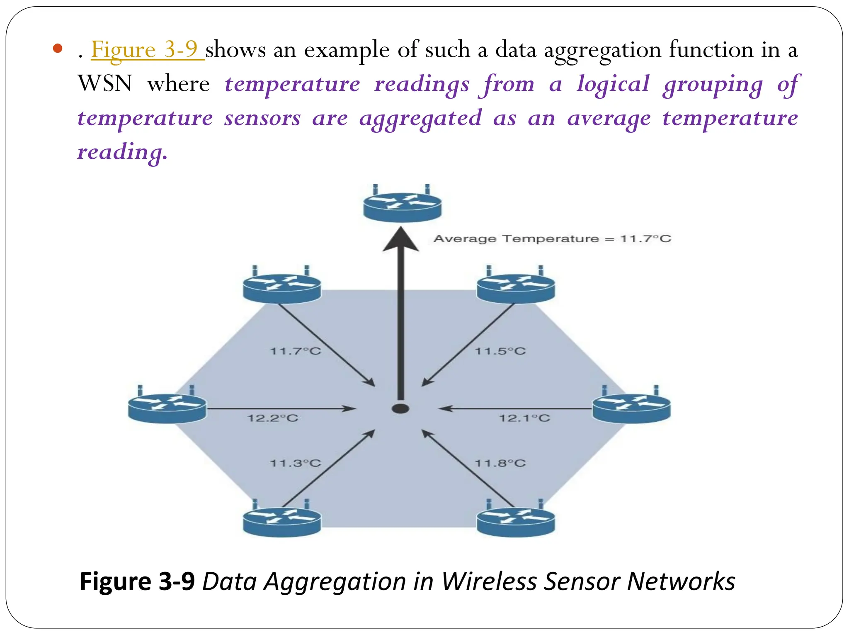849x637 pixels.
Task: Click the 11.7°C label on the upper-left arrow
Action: click(x=295, y=351)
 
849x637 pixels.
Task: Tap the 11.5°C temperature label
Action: click(x=500, y=351)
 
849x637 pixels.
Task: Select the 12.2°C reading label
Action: click(x=273, y=418)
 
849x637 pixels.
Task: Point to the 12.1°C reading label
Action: click(x=524, y=418)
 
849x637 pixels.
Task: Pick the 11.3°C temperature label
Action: click(x=295, y=463)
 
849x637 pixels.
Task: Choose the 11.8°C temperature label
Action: click(x=500, y=463)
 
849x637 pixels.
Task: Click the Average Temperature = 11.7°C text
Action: click(x=552, y=239)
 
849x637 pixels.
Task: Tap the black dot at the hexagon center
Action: click(x=400, y=408)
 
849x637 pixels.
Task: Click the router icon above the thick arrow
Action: click(x=402, y=205)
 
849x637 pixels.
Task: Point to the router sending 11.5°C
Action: click(x=516, y=287)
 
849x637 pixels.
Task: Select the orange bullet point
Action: click(x=58, y=49)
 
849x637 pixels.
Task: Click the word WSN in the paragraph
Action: click(x=105, y=84)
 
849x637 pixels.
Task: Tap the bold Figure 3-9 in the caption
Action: click(x=137, y=581)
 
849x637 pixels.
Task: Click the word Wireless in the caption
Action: click(x=489, y=581)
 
